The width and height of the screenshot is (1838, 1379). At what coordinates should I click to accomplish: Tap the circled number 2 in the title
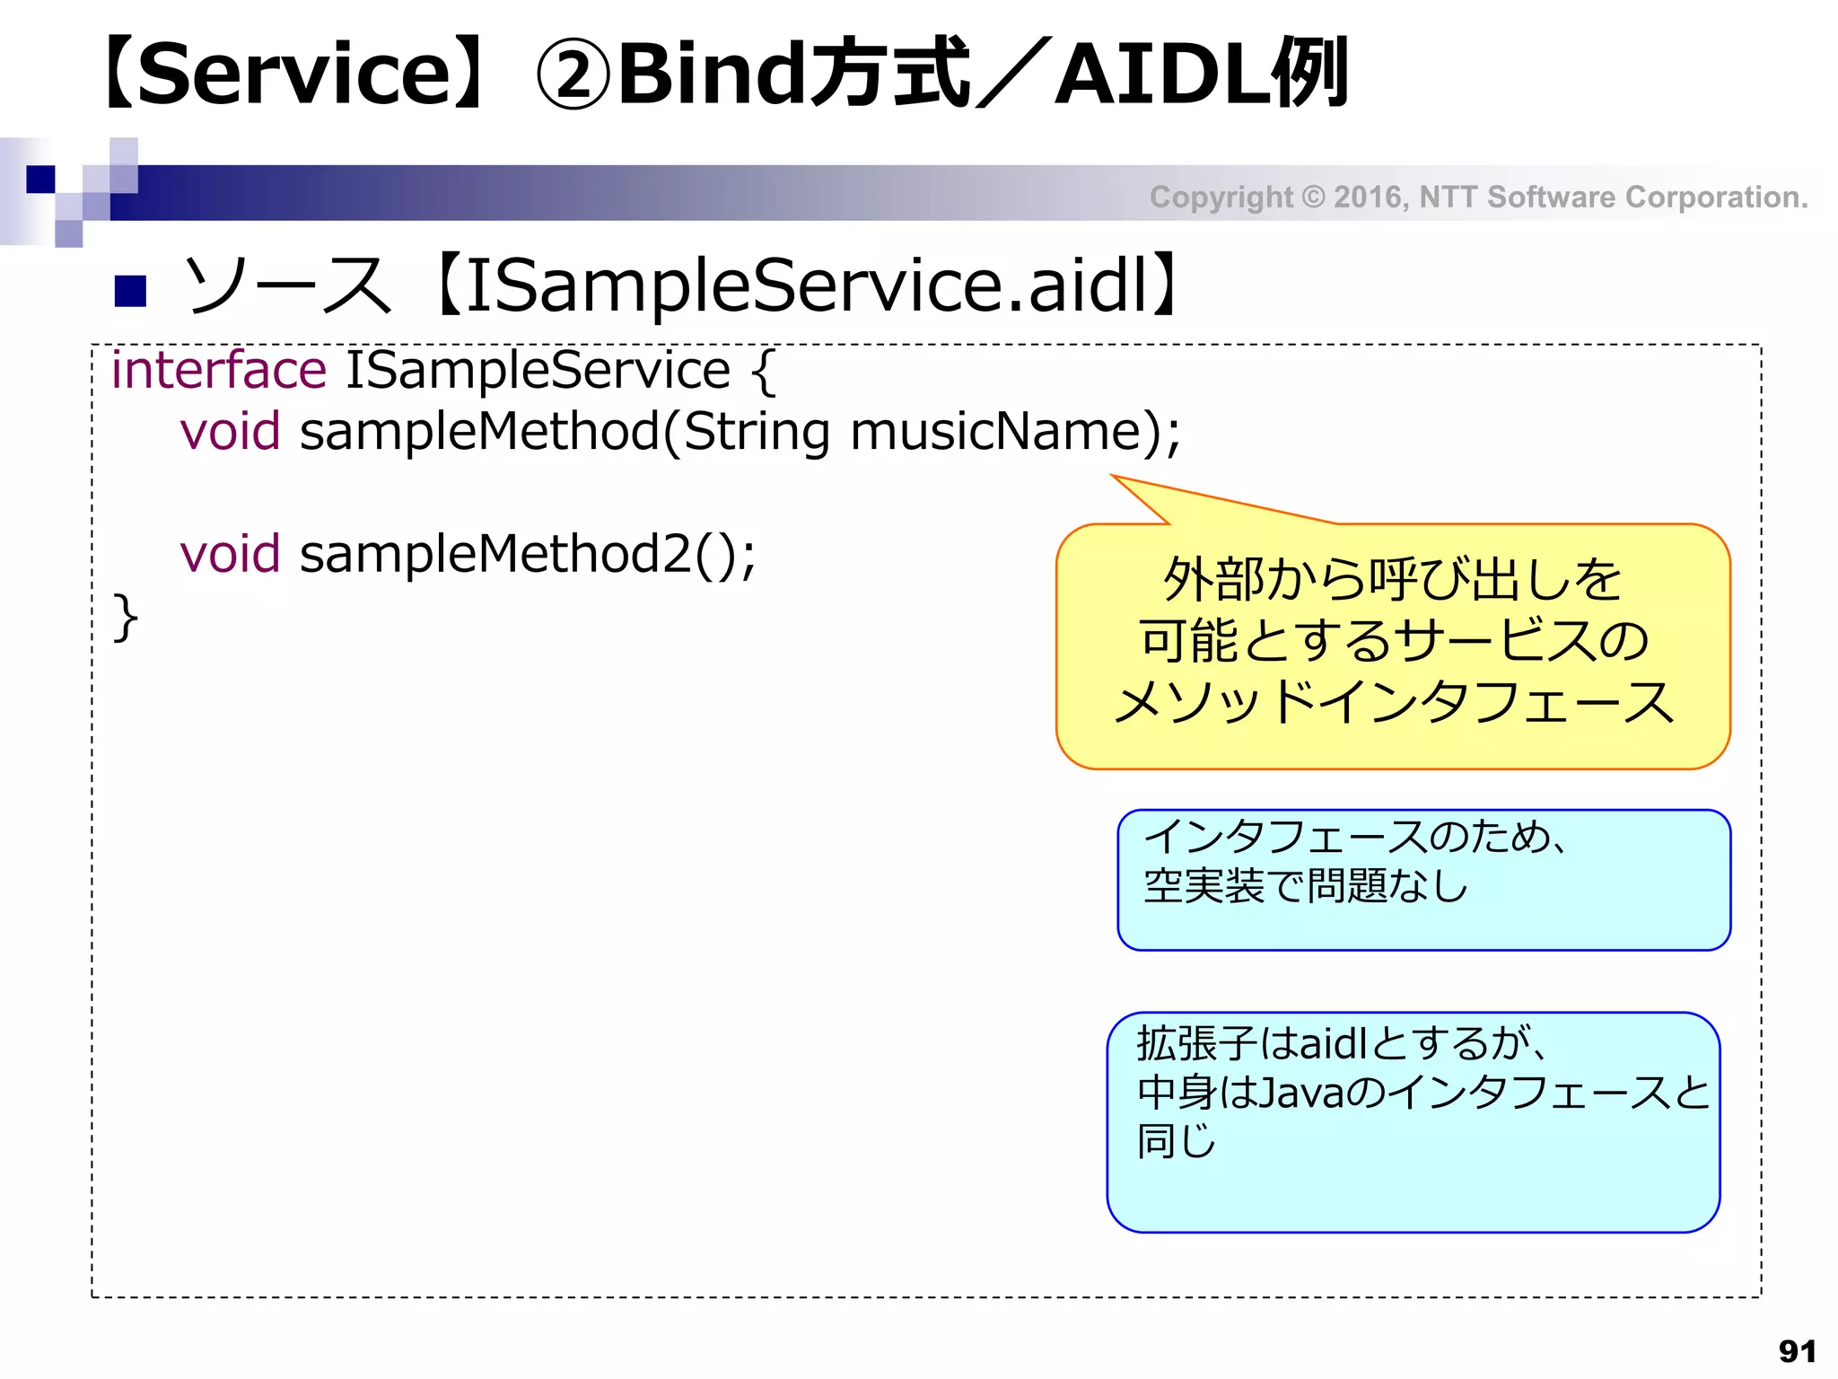[x=573, y=75]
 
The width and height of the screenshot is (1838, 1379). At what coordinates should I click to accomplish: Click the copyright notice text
[x=1478, y=197]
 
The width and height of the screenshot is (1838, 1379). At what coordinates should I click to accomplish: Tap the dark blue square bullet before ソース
[x=131, y=290]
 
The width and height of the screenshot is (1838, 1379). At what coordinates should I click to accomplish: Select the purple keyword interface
[x=218, y=371]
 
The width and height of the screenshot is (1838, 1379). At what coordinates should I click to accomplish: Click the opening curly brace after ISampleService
[x=763, y=372]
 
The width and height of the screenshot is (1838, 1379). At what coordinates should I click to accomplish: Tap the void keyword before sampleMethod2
[x=230, y=554]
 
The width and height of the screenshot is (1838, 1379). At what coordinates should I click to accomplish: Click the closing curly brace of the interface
[x=125, y=617]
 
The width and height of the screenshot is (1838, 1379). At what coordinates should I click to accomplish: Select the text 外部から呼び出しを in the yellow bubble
[x=1392, y=579]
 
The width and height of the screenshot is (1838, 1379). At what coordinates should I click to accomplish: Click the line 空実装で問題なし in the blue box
[x=1305, y=886]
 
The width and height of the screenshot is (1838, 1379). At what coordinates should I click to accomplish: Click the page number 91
[x=1797, y=1350]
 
